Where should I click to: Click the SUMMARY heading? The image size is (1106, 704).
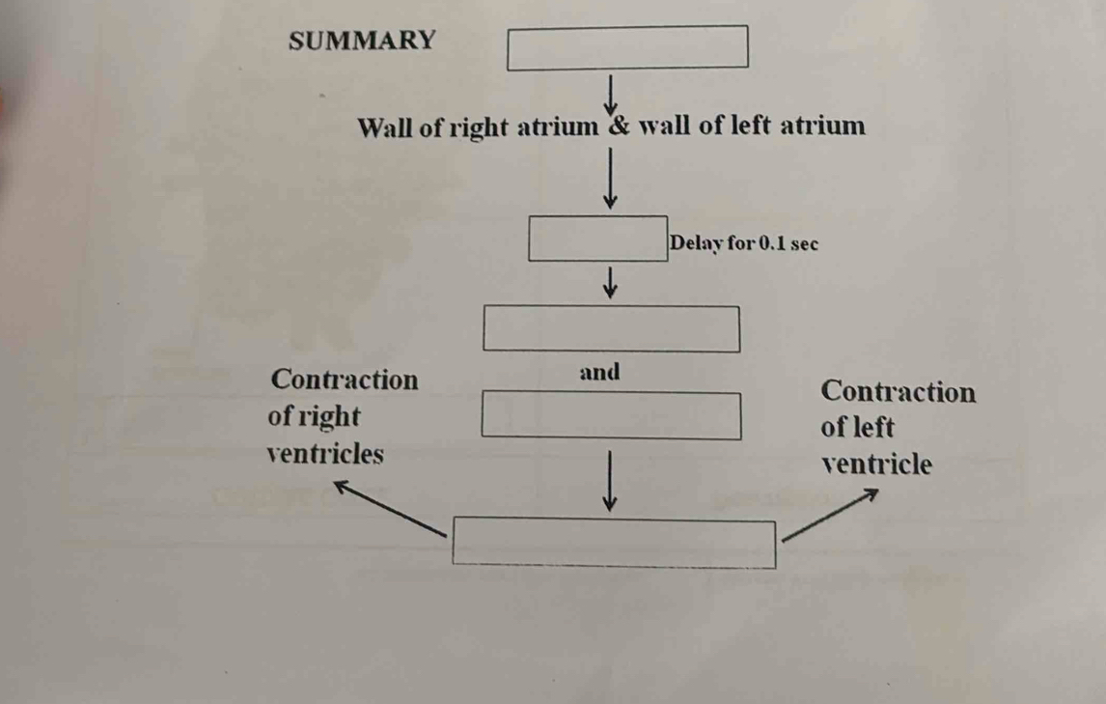point(362,42)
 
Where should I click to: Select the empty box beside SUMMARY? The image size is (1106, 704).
point(628,47)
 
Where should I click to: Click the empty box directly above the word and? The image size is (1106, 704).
point(612,329)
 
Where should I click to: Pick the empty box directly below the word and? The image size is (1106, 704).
point(612,415)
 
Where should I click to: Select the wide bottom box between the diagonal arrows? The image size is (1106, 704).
point(616,544)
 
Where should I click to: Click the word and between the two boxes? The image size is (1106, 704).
point(600,372)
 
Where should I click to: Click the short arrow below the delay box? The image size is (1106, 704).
point(609,282)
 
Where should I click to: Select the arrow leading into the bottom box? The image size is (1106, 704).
point(610,480)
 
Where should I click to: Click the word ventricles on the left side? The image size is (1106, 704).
point(324,453)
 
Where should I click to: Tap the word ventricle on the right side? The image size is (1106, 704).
point(876,465)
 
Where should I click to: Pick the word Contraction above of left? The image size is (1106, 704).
point(898,392)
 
